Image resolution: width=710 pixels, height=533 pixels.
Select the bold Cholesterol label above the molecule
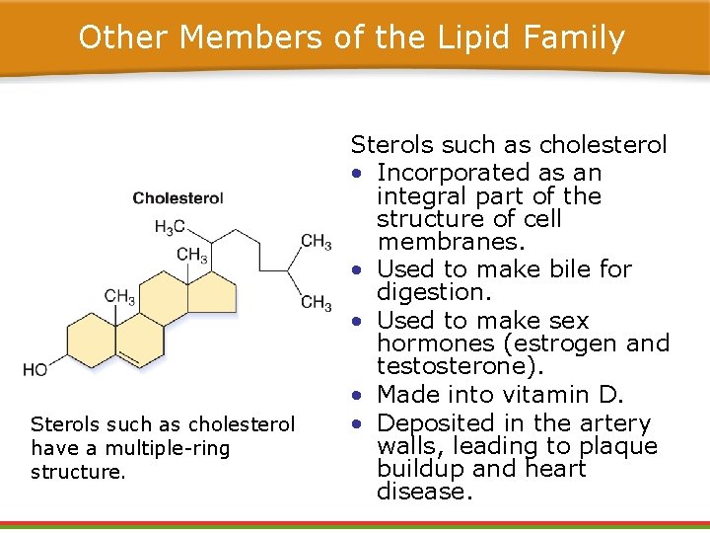tap(178, 198)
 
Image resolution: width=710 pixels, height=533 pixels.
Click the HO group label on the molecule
tap(35, 370)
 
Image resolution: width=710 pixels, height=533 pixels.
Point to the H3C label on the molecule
tap(170, 227)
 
